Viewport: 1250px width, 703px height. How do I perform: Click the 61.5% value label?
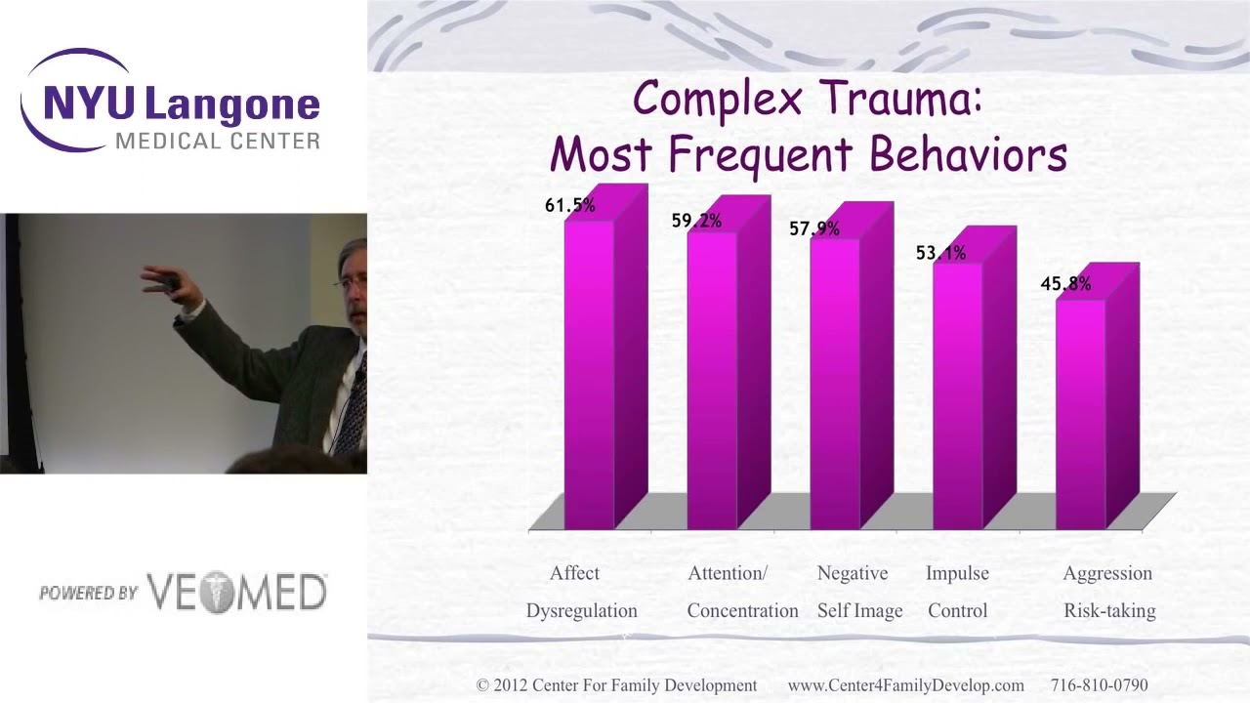coord(569,205)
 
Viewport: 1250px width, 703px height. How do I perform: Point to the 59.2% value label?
coord(696,221)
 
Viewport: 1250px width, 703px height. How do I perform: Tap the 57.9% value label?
coord(814,228)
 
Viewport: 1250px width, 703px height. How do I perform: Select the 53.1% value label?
coord(940,253)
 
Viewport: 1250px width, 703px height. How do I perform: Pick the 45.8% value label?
coord(1065,284)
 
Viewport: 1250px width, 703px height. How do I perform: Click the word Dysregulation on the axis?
coord(581,611)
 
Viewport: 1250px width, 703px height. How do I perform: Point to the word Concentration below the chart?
coord(743,610)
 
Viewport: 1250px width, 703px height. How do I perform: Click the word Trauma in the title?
coord(902,99)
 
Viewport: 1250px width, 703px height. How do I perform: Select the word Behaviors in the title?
coord(968,153)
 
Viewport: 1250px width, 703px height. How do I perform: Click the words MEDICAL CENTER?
coord(218,142)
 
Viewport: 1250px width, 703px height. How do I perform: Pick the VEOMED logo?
coord(236,593)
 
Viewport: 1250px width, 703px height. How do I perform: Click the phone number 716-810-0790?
coord(1100,684)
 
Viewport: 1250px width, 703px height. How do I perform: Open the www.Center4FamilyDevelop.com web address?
coord(905,685)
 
